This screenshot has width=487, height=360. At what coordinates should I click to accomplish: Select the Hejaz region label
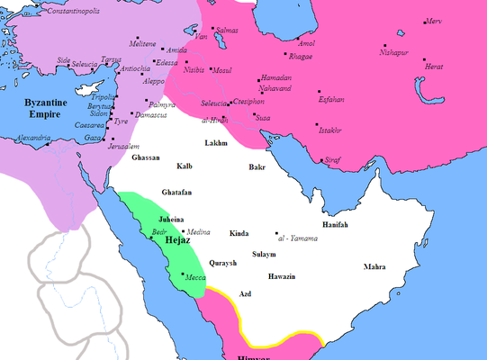point(176,240)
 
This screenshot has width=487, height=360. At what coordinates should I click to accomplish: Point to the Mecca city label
point(195,278)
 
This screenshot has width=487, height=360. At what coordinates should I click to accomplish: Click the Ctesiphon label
point(249,103)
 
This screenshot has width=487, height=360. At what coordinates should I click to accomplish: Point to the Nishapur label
point(400,52)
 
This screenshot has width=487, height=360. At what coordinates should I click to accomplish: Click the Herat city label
point(434,67)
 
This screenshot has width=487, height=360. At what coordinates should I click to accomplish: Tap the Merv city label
point(434,21)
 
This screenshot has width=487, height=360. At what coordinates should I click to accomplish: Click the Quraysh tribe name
point(222,263)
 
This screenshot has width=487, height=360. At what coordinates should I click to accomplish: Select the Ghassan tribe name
point(145,157)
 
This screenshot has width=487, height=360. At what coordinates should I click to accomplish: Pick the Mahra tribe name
point(374,267)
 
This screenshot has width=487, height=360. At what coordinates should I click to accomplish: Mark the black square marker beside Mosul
point(209,69)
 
